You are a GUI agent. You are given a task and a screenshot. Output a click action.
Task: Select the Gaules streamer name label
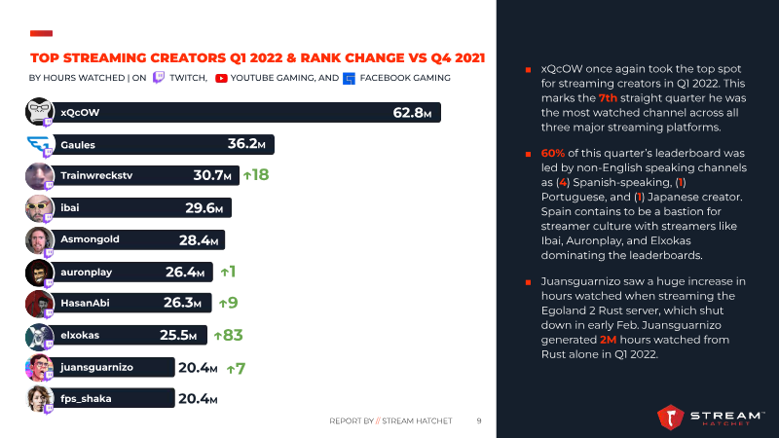[x=77, y=145]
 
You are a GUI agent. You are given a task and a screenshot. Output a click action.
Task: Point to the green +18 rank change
[x=256, y=175]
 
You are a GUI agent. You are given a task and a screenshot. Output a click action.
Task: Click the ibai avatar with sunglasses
[x=40, y=208]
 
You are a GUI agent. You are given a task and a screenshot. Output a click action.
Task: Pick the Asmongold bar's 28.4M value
[x=199, y=239]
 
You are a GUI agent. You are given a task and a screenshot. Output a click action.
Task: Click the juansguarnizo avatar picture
[x=40, y=368]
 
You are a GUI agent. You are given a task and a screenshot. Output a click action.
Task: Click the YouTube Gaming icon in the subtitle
[x=221, y=78]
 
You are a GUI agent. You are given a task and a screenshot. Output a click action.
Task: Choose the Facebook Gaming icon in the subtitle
[x=350, y=78]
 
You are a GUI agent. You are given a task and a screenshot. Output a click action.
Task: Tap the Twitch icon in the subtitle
[x=159, y=78]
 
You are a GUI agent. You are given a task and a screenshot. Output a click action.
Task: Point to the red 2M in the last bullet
[x=611, y=340]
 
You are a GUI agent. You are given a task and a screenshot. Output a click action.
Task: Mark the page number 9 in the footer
[x=478, y=421]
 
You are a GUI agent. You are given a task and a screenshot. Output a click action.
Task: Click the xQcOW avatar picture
[x=40, y=113]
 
